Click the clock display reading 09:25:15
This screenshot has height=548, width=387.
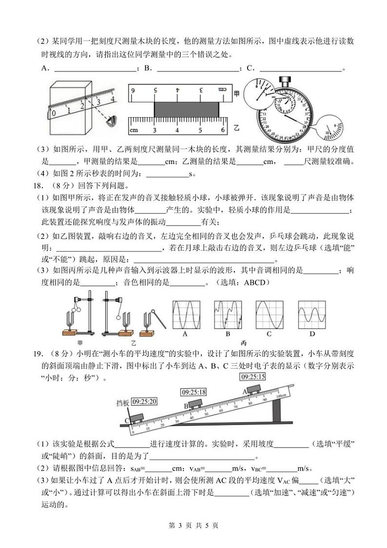(252, 376)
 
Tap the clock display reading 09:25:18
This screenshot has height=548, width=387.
(194, 391)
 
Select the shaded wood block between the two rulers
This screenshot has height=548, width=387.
(188, 109)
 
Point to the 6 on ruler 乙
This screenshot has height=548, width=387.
(222, 130)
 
